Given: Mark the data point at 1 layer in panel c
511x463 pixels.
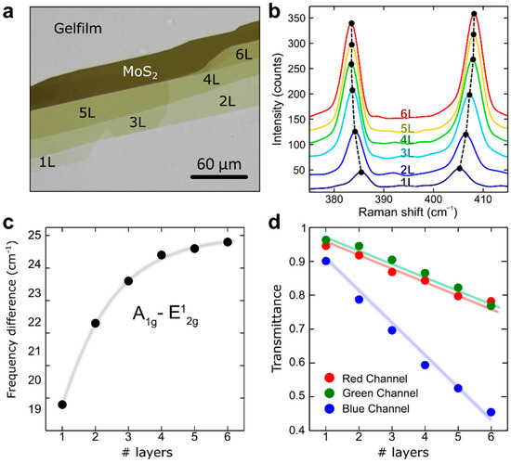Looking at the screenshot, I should pos(62,405).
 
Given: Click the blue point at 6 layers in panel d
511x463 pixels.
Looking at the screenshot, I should pos(490,413).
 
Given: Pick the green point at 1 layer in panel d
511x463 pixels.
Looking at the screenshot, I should pos(325,240).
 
